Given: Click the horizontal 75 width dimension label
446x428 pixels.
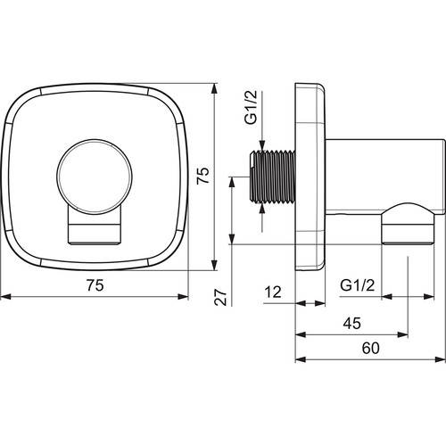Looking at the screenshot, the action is pyautogui.click(x=95, y=285).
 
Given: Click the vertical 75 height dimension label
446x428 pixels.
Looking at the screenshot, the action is pyautogui.click(x=203, y=176).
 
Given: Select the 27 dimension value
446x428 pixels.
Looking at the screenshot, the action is pyautogui.click(x=220, y=297).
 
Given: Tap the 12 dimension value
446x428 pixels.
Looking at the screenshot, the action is pyautogui.click(x=273, y=292).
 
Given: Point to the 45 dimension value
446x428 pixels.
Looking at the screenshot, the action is pyautogui.click(x=352, y=323).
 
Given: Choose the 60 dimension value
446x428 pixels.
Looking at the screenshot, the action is pyautogui.click(x=370, y=348).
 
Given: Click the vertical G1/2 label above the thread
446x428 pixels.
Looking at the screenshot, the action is pyautogui.click(x=251, y=107).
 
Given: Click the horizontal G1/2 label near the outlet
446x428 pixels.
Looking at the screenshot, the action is pyautogui.click(x=358, y=285).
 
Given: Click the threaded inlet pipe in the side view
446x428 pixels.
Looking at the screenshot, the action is pyautogui.click(x=272, y=177).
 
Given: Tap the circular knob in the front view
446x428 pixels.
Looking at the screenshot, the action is pyautogui.click(x=95, y=177).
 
